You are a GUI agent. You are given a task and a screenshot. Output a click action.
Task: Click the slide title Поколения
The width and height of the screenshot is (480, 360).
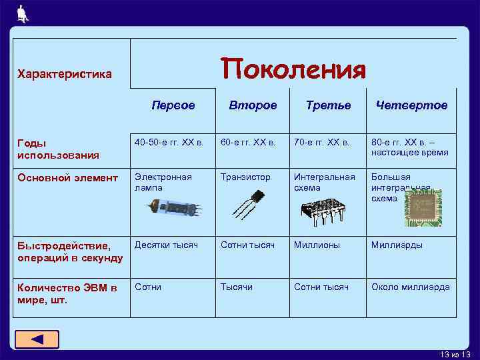293,69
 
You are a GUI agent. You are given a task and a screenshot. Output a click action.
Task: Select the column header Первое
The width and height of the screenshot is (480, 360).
173,105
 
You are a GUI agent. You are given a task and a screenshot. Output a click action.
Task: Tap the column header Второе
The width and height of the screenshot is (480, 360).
253,105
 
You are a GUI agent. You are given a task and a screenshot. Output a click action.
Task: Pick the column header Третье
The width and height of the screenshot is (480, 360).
328,105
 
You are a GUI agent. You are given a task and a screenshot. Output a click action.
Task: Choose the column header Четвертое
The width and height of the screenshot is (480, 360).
411,105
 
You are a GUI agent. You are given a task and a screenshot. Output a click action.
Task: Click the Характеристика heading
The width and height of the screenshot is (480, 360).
65,74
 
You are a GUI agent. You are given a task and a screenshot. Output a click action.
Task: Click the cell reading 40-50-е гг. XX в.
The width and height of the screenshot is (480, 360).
169,143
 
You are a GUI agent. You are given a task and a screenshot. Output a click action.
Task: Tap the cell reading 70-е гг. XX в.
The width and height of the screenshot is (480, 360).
321,143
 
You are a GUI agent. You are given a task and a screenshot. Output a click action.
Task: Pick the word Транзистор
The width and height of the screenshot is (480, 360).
246,177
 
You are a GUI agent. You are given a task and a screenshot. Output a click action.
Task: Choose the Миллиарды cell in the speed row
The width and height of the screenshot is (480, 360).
397,245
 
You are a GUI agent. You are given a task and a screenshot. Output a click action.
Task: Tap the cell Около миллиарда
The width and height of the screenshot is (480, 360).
410,287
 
